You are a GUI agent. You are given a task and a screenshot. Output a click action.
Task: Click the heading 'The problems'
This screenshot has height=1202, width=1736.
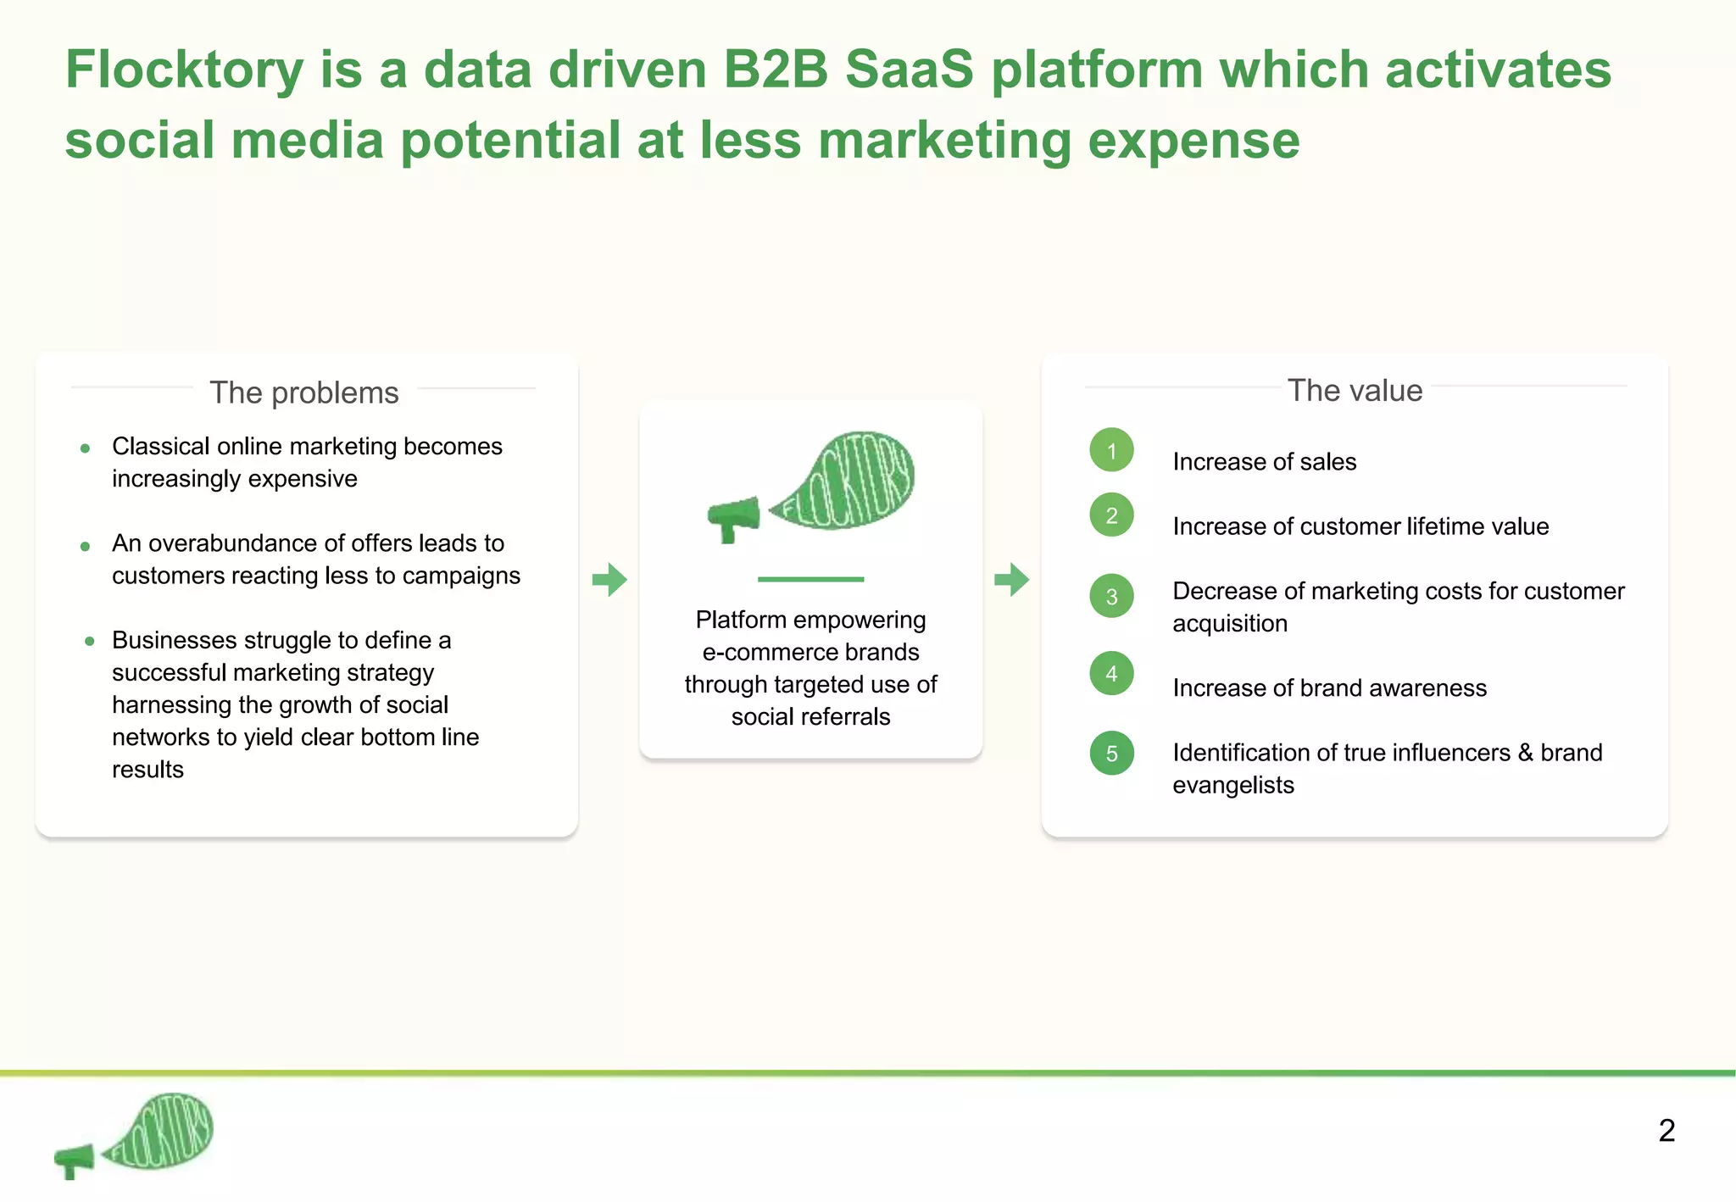tap(303, 392)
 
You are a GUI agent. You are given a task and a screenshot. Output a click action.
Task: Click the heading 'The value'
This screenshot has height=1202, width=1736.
tap(1355, 390)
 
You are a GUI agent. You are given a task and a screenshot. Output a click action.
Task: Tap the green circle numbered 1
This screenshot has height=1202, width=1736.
tap(1111, 450)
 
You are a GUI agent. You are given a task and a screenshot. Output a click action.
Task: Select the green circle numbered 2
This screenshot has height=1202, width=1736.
tap(1111, 515)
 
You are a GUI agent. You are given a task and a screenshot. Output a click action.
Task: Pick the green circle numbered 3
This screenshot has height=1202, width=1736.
tap(1111, 596)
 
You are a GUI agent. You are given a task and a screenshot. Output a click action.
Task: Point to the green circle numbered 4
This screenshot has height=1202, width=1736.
tap(1111, 673)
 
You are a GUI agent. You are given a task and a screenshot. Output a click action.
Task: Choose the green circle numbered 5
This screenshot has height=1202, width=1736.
tap(1111, 753)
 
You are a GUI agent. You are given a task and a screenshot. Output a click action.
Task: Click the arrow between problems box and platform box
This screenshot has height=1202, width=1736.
tap(609, 580)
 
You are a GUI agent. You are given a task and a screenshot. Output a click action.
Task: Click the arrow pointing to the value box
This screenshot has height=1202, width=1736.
tap(1011, 580)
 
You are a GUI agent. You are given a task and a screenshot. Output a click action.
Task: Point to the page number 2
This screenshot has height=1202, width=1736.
tap(1666, 1131)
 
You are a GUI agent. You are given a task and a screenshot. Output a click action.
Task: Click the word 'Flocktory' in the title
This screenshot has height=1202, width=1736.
tap(185, 70)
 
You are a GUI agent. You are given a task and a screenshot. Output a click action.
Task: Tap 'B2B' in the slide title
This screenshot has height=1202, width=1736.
tap(775, 70)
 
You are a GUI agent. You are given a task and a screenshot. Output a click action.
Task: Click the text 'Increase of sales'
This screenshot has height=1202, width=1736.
tap(1264, 462)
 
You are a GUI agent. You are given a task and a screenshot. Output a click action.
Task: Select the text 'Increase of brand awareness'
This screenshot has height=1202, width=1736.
tap(1329, 688)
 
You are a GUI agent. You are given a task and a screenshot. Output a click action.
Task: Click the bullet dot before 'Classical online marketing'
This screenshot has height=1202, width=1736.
tap(85, 448)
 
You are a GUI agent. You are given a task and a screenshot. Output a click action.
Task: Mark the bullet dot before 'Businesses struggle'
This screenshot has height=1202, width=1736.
tap(89, 641)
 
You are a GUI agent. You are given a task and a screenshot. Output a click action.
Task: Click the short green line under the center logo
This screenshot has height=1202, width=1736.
tap(810, 579)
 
